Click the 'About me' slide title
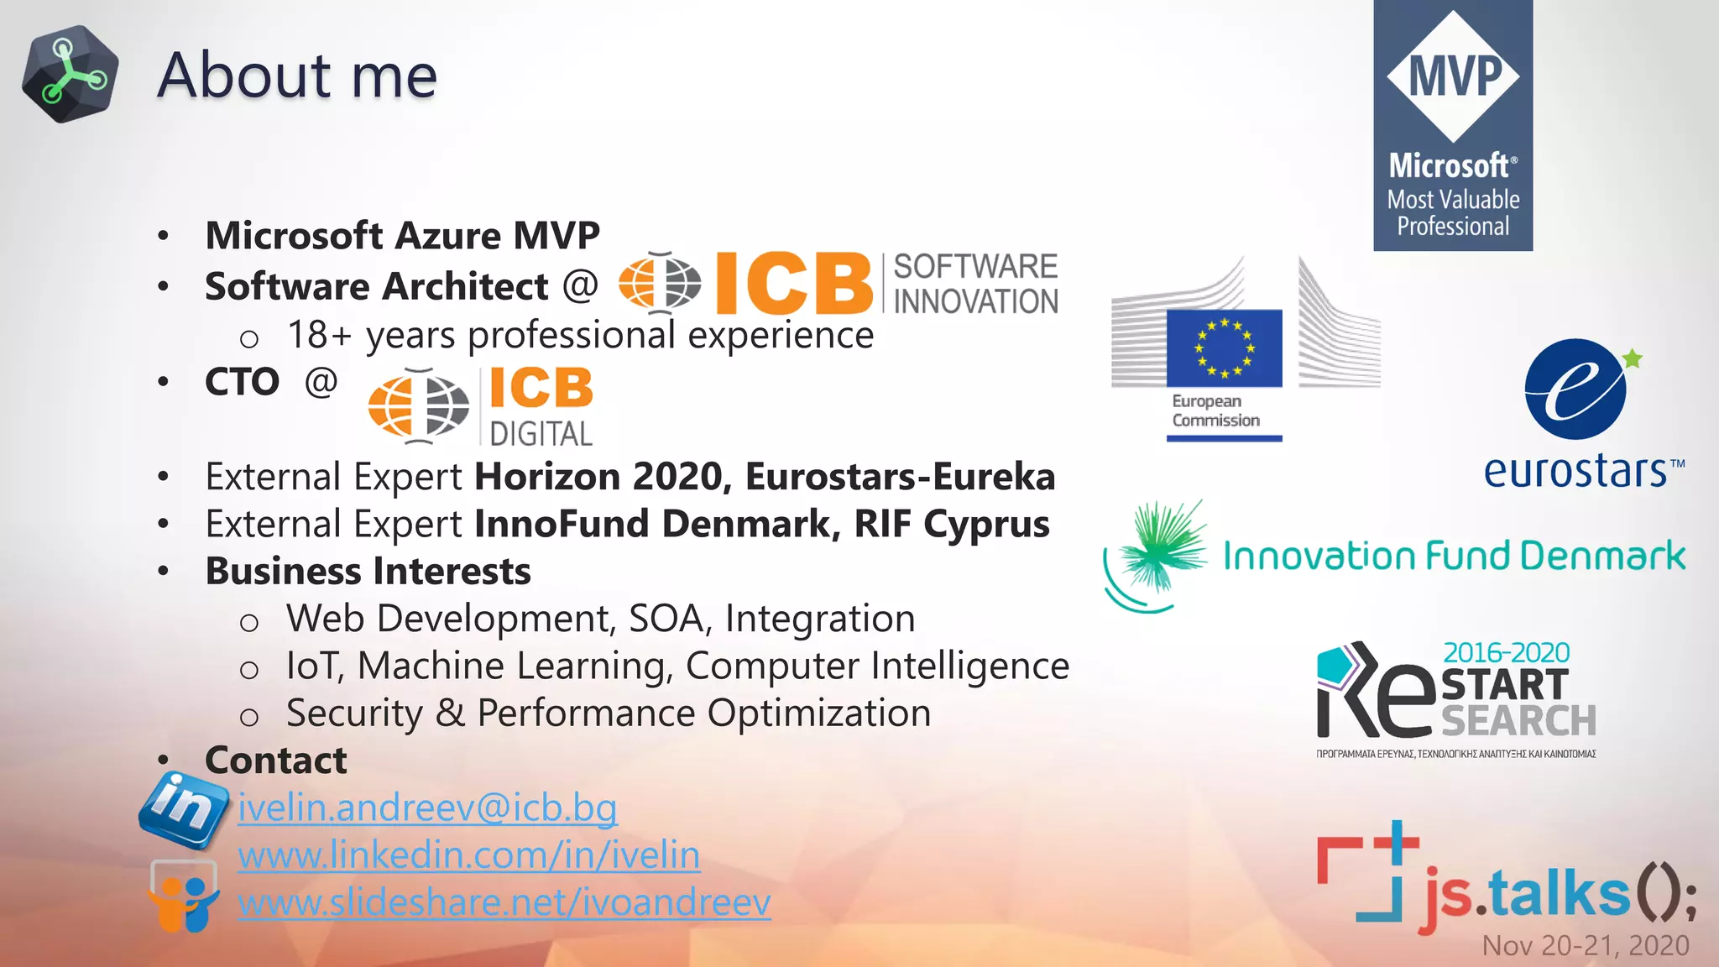[297, 76]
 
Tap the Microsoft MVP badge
[1452, 126]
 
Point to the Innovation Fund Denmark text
[1454, 556]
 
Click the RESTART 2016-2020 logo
[1456, 698]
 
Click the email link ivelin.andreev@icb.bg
[427, 808]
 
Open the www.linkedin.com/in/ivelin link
[468, 855]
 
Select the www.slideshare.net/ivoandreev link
[504, 903]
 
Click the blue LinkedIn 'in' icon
[184, 808]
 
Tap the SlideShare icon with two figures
[184, 896]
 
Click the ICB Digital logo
[481, 407]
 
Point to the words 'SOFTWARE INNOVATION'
[975, 284]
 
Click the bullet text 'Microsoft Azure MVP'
[402, 236]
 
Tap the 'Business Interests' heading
[368, 572]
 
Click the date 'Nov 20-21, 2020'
[1586, 946]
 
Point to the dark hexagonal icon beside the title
[71, 74]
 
